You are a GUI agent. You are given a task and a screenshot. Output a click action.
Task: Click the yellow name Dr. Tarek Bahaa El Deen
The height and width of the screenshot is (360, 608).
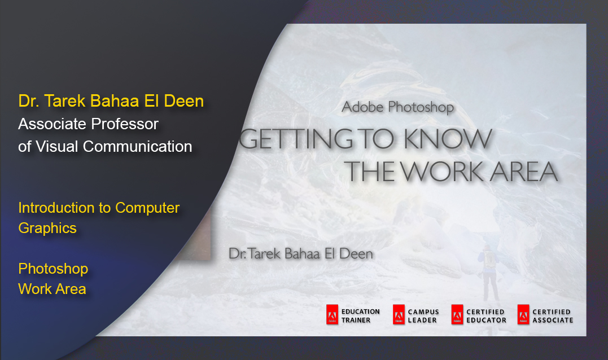tap(111, 101)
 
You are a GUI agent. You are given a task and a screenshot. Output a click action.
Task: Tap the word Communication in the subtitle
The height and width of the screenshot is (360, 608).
tap(137, 147)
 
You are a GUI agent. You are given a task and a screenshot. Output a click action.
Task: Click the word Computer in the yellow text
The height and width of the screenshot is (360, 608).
tap(147, 208)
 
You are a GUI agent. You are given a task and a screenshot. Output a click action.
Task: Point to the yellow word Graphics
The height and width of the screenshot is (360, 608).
tap(47, 229)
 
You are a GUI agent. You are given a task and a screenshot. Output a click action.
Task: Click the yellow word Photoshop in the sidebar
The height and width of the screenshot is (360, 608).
tap(53, 269)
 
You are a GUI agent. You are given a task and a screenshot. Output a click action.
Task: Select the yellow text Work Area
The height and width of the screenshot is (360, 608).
tap(52, 289)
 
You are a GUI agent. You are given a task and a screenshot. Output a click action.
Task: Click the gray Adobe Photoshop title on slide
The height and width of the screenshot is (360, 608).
tap(397, 107)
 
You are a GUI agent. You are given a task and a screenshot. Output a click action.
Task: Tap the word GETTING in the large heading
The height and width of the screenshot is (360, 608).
tap(295, 139)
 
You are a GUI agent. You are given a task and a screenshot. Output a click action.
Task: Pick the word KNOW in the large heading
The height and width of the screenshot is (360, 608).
tap(448, 139)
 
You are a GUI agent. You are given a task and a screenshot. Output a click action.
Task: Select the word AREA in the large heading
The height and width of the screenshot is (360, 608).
tap(523, 172)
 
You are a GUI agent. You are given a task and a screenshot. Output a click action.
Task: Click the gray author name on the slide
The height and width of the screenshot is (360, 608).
tap(301, 254)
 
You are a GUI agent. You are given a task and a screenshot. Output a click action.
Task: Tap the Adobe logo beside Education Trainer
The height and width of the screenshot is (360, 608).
tap(332, 314)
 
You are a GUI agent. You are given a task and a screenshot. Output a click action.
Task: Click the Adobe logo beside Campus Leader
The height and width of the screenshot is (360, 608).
tap(399, 314)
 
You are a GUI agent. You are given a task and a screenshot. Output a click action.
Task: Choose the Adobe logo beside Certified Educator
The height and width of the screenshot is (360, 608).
tap(457, 314)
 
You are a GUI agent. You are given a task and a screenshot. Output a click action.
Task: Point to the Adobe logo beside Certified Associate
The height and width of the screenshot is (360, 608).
tap(523, 314)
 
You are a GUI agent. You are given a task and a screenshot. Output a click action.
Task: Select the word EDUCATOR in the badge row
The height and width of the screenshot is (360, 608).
tap(486, 320)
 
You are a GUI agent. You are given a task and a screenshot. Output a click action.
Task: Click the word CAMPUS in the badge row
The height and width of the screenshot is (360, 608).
tap(423, 312)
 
